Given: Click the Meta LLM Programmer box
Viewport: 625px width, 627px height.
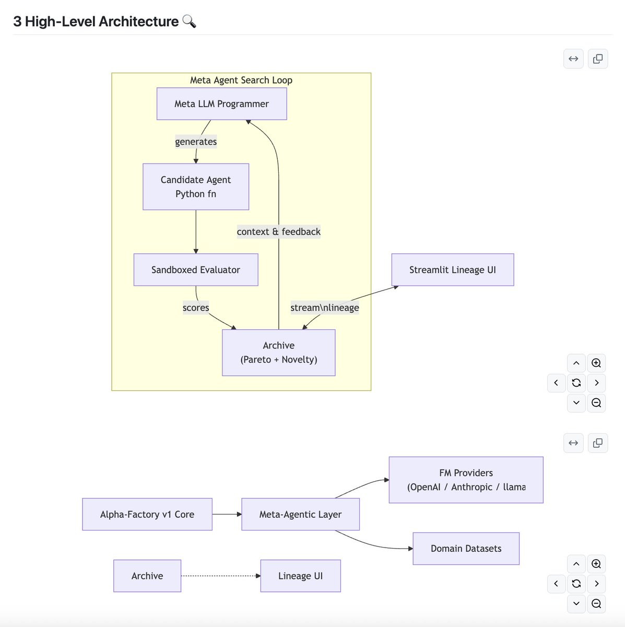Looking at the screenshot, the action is click(x=222, y=104).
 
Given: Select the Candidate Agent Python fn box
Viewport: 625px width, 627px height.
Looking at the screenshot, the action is click(x=196, y=187).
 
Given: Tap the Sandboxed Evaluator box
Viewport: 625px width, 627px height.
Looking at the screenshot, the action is click(x=196, y=270).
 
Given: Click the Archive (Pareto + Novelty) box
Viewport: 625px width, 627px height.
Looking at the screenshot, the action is click(x=279, y=353).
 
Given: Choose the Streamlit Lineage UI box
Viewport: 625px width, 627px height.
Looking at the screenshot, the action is click(x=453, y=270).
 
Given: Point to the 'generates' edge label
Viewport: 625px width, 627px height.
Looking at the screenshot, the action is click(x=196, y=142).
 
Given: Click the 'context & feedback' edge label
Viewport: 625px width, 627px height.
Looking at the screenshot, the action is click(x=279, y=231).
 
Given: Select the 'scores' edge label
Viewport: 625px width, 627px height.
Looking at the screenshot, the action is click(x=196, y=307).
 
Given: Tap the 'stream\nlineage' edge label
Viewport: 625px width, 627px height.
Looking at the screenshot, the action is click(x=325, y=307).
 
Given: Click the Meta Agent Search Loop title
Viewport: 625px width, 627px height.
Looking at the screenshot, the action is click(x=241, y=80).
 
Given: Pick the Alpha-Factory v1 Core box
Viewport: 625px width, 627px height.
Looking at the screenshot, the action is click(x=147, y=514).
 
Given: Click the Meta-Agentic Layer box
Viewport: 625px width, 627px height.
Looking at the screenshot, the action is click(x=300, y=514).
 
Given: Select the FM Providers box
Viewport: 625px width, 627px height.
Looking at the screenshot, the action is click(x=466, y=480).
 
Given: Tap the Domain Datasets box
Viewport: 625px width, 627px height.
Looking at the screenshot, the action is click(x=466, y=548).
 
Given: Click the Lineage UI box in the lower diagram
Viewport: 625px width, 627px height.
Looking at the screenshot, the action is click(x=300, y=576).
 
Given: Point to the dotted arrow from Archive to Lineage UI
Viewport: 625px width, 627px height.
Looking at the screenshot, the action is click(x=221, y=576).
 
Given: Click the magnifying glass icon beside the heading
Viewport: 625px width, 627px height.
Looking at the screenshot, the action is click(x=189, y=21).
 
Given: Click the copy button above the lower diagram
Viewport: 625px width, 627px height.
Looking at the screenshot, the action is click(x=598, y=443).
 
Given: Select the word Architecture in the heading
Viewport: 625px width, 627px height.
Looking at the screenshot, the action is click(x=138, y=21).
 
